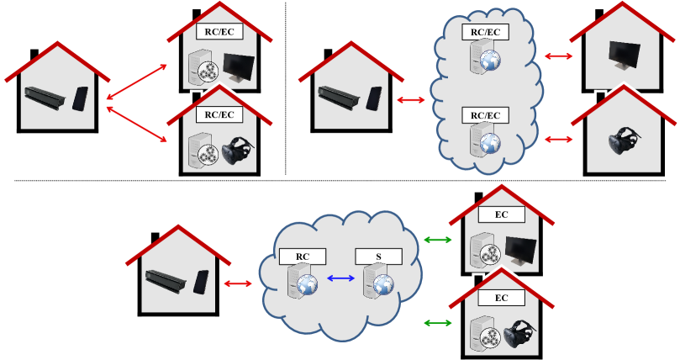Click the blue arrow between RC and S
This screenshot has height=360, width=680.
[340, 278]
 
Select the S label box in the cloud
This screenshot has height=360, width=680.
[378, 256]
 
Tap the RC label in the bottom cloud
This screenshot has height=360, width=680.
[303, 256]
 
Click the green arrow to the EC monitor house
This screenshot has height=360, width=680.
[437, 241]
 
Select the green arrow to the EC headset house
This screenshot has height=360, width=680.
[437, 322]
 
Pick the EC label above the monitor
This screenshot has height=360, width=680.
[501, 214]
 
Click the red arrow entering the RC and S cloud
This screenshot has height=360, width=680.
[238, 283]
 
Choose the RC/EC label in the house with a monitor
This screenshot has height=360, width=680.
[219, 32]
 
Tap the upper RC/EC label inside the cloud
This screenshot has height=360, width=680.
[485, 32]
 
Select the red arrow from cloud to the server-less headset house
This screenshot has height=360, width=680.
[559, 139]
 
